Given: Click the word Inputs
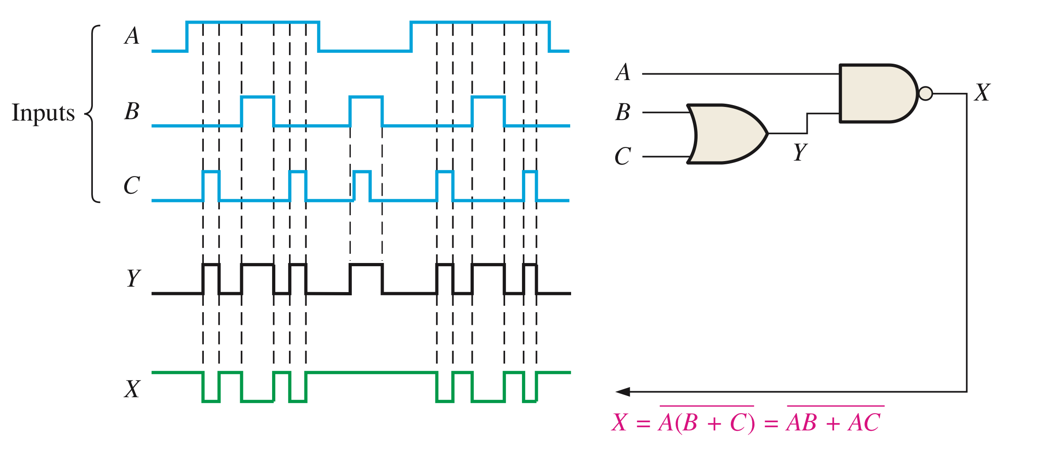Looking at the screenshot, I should [43, 113].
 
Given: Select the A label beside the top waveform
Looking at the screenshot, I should [132, 36].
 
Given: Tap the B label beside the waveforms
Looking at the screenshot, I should [132, 111].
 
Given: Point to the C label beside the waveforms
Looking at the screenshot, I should [132, 186].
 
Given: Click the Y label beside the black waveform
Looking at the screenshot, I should [133, 278].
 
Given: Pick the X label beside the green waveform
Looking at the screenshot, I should [132, 389].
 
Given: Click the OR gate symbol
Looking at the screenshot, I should [726, 134].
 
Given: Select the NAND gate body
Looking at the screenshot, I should [876, 93].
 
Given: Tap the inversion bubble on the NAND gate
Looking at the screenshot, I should [925, 93].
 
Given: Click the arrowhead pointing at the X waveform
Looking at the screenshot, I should [623, 392].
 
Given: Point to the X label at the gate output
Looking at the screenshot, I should [982, 92].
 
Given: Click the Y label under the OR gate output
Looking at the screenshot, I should [800, 152].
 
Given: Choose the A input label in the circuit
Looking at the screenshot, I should [623, 72].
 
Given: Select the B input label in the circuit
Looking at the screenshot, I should [623, 112].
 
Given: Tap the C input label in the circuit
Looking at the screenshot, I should [623, 156].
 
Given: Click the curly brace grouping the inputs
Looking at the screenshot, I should [92, 113].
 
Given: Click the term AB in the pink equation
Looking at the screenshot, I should [802, 423].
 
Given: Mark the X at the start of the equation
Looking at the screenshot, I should [620, 423].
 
